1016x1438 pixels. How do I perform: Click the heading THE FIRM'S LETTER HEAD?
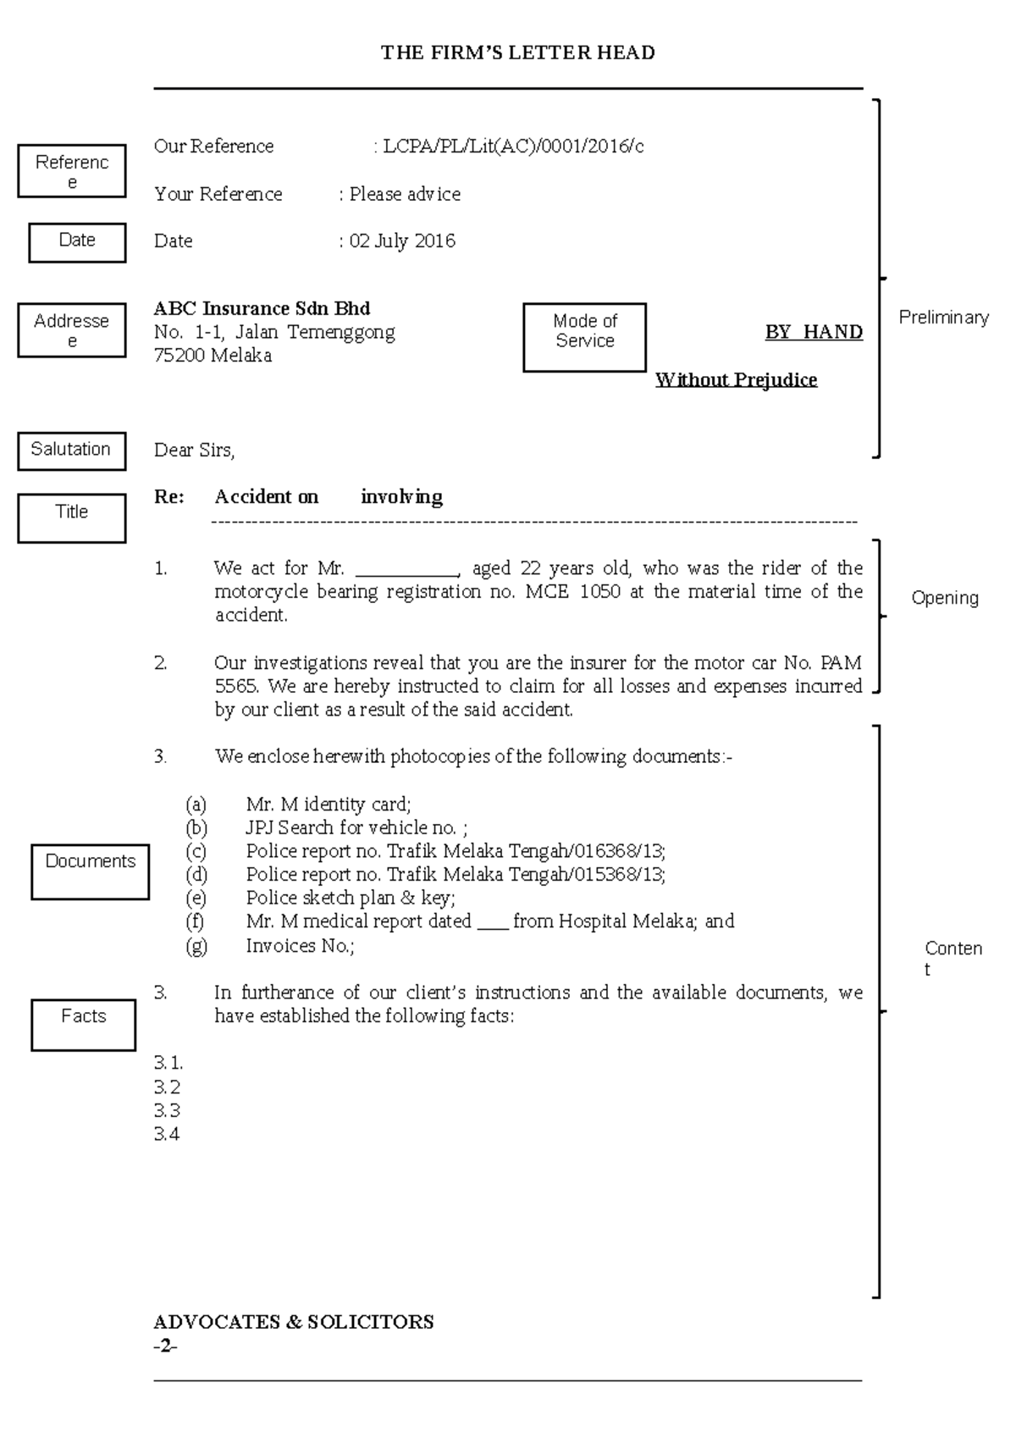click(517, 53)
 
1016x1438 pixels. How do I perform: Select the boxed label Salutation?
click(71, 450)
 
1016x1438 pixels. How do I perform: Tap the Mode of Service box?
click(584, 336)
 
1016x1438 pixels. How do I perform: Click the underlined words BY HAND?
click(814, 332)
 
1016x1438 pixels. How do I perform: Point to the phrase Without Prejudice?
click(736, 379)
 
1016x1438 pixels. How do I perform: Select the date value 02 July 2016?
click(402, 241)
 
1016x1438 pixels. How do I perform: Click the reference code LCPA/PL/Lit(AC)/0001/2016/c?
click(513, 147)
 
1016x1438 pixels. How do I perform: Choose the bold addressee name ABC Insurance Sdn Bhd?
click(262, 308)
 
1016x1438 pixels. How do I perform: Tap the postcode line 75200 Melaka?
click(213, 356)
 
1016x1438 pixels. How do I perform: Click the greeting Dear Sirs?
click(194, 451)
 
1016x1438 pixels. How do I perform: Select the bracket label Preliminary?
click(943, 318)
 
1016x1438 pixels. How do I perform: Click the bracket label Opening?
click(944, 598)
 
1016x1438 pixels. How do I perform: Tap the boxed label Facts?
click(83, 1018)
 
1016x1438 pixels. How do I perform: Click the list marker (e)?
click(196, 898)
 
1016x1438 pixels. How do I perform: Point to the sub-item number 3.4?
click(167, 1135)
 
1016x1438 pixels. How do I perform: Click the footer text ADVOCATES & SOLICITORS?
click(293, 1322)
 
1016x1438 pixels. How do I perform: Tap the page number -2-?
click(165, 1347)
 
